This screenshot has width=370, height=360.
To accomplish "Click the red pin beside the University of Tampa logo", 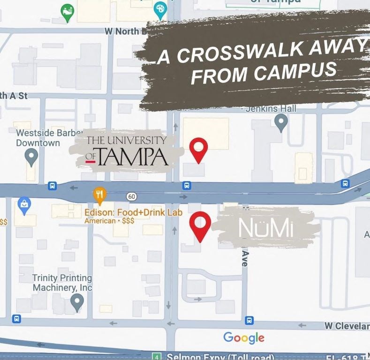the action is (198, 148).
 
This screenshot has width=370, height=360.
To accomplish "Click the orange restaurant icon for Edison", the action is (99, 195).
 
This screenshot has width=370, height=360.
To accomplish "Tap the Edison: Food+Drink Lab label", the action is (133, 212).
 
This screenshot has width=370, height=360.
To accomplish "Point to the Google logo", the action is (244, 337).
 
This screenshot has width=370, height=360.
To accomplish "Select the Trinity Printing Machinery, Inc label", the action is (62, 283).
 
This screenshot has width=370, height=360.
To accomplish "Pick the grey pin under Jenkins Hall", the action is (281, 123).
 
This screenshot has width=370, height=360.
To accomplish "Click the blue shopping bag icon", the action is (23, 204).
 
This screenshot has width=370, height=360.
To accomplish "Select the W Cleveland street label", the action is (347, 326).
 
